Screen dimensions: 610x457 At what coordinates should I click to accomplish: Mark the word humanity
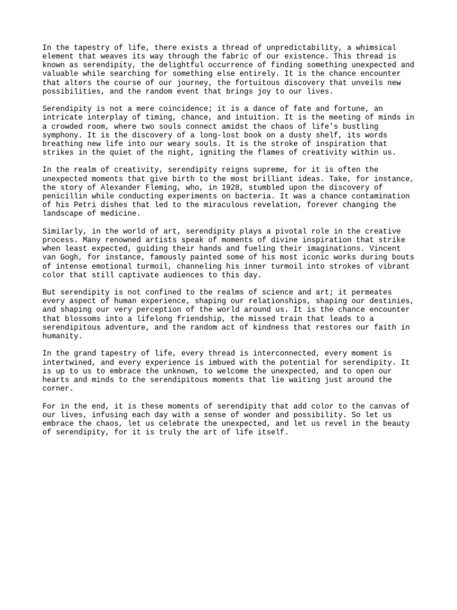pyautogui.click(x=63, y=335)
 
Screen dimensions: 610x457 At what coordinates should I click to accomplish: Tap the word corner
pyautogui.click(x=57, y=388)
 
